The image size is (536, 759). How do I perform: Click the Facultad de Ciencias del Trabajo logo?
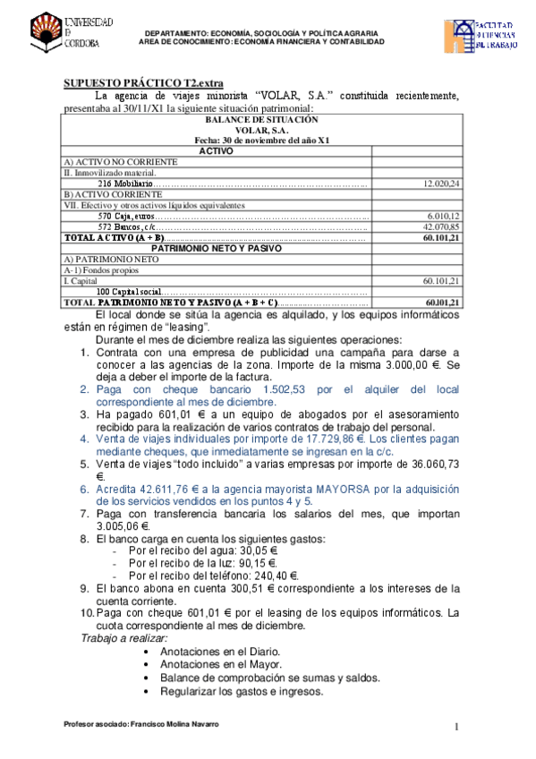(x=481, y=38)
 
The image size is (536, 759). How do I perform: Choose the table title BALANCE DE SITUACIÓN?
(x=261, y=119)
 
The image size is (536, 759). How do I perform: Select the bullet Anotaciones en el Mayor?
(x=219, y=664)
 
